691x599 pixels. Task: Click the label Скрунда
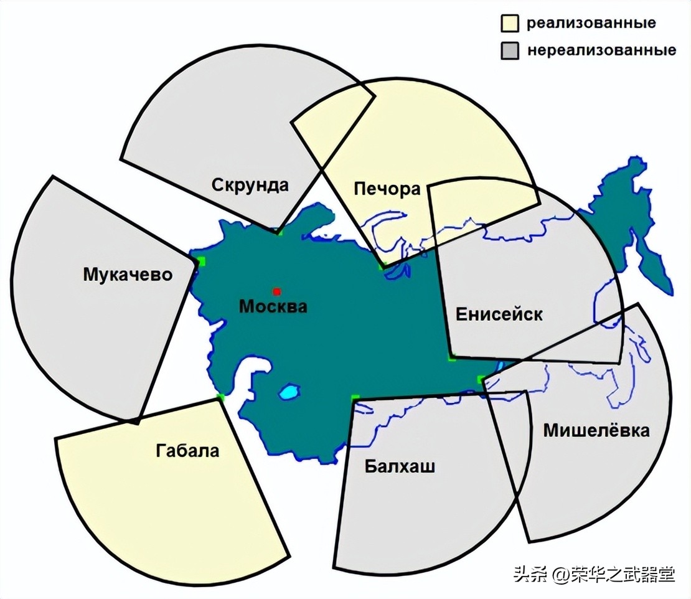point(250,185)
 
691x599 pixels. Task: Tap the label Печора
point(387,189)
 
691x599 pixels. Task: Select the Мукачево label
point(127,274)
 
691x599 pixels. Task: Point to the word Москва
point(273,306)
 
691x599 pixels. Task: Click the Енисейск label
point(499,314)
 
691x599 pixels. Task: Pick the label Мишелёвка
point(596,430)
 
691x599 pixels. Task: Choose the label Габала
point(187,450)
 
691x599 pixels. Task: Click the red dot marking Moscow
point(276,291)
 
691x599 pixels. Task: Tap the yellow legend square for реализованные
point(509,24)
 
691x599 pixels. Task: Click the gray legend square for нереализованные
point(509,50)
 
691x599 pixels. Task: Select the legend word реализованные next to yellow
point(591,24)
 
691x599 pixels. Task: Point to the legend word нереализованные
point(601,50)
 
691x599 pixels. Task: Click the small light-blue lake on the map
point(289,392)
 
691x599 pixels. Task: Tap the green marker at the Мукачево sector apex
point(200,261)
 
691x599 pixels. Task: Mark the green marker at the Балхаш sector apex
point(355,397)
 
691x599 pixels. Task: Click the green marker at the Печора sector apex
point(381,266)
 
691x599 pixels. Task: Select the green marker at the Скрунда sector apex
point(279,232)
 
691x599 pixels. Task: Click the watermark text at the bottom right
point(594,574)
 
